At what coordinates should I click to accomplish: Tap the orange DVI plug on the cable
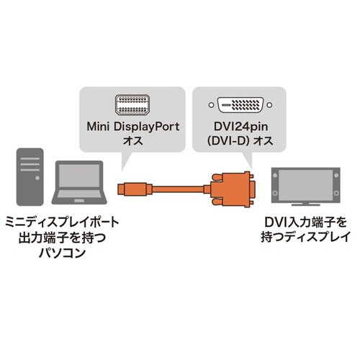(x=230, y=189)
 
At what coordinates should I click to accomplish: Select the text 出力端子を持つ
(x=60, y=238)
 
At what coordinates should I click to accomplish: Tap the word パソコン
(x=60, y=253)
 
